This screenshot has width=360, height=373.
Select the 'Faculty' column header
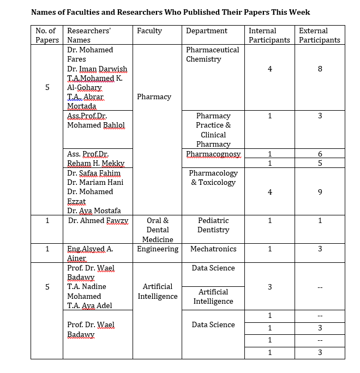149,31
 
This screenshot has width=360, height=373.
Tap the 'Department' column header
207,31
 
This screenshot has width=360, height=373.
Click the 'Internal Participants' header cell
269,35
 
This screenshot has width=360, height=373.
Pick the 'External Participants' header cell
320,35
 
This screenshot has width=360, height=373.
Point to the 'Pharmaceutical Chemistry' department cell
213,55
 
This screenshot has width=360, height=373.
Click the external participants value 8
320,69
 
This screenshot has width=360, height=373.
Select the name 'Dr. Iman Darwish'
97,69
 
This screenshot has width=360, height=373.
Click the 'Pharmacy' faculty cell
154,97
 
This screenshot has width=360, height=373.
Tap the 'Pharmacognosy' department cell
213,154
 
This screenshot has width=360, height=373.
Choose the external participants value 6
320,154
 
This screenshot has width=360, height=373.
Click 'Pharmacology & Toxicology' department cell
213,178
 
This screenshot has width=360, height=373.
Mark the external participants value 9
320,192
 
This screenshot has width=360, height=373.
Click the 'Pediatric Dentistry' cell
213,225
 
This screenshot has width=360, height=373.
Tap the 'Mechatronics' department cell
213,249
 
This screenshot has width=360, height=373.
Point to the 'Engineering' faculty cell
158,249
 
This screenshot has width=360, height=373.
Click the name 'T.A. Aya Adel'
89,305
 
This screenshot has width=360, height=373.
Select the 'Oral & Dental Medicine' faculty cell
158,230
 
